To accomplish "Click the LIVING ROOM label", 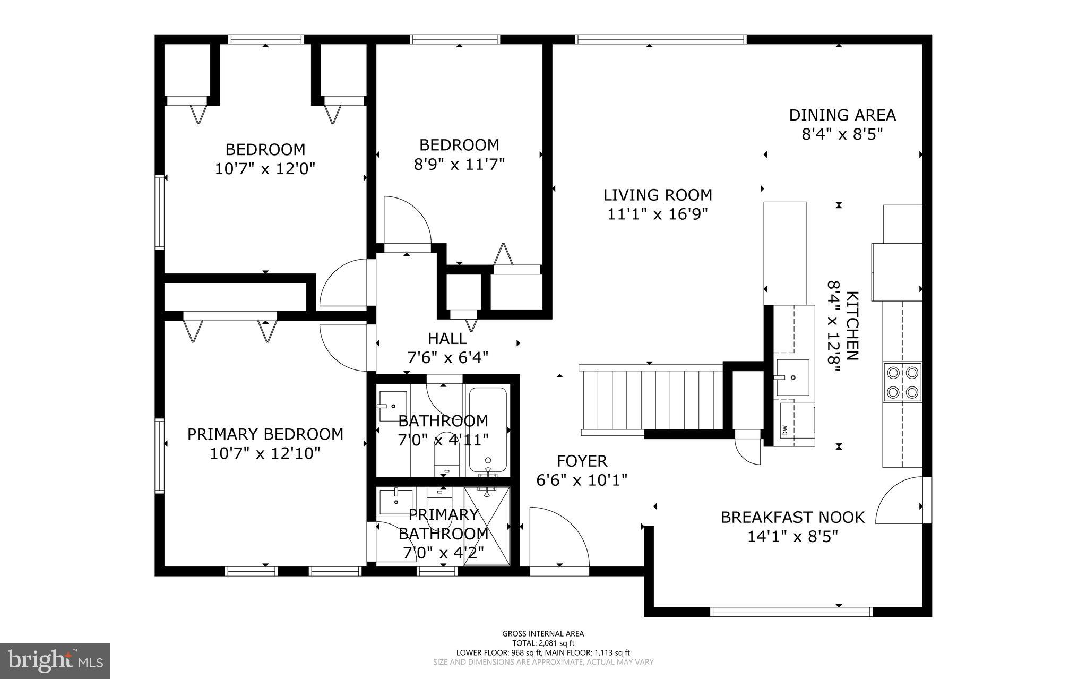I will click(658, 195).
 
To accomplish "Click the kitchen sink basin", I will click(793, 377).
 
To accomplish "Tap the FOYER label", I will click(582, 461).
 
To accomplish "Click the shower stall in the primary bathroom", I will click(486, 526).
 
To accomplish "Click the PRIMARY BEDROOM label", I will click(265, 434).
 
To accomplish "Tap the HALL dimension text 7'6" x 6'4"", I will click(447, 357).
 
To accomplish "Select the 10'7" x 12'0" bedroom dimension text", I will click(265, 169).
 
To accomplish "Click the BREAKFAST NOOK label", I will click(792, 517).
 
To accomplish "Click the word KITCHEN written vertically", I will click(852, 325).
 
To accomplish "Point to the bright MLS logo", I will click(55, 660).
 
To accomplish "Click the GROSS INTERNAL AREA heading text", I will click(543, 633).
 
